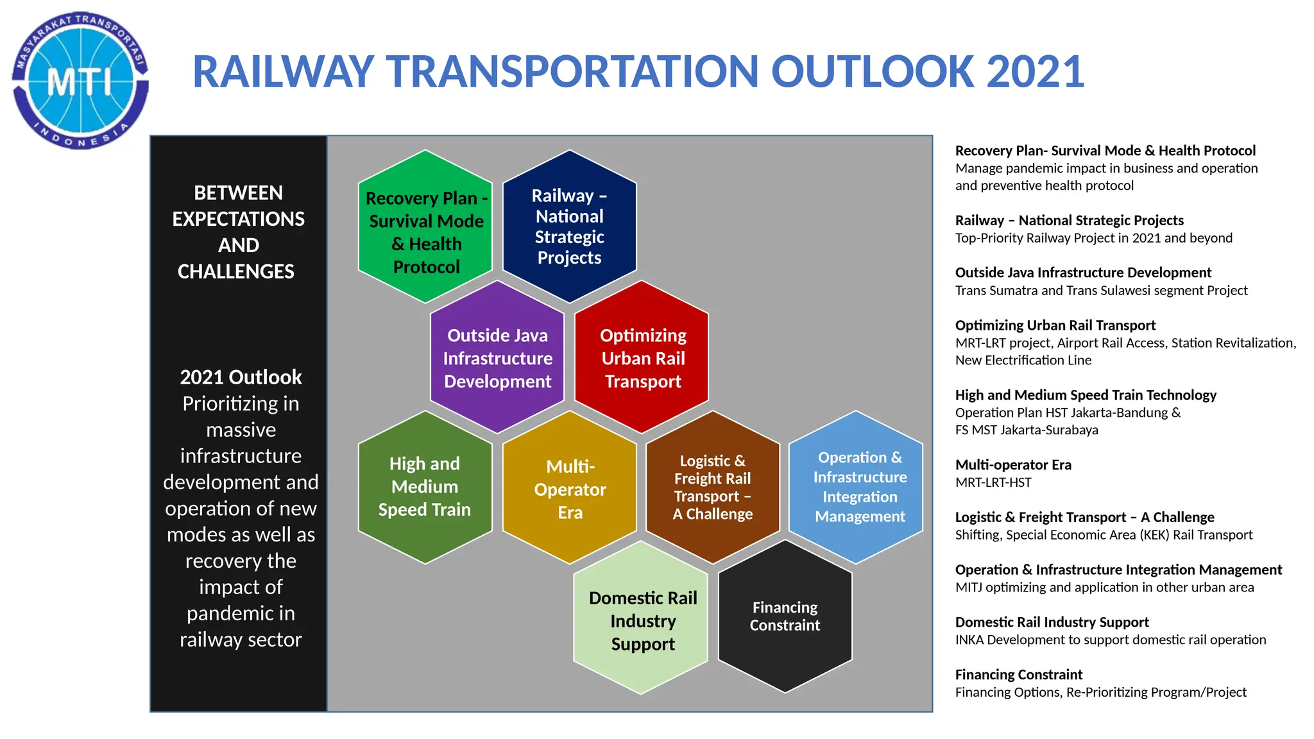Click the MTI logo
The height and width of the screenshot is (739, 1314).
(80, 81)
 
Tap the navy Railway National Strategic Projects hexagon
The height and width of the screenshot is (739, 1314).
(569, 226)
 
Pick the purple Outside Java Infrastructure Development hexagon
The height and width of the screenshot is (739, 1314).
(497, 357)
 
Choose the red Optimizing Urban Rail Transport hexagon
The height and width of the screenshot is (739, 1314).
(642, 357)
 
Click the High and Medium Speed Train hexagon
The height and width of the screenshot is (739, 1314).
(425, 487)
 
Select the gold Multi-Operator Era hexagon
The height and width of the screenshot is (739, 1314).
(570, 489)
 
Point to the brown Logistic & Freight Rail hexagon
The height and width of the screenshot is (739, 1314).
(712, 488)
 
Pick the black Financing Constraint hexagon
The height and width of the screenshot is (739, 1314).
(785, 616)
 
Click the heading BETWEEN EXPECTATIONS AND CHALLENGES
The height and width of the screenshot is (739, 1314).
(238, 232)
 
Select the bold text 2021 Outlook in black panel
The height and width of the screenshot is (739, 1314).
(241, 377)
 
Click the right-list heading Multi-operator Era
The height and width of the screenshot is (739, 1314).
(1013, 464)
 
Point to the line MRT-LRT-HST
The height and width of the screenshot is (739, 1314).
(993, 482)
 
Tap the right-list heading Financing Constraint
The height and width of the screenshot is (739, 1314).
(1018, 674)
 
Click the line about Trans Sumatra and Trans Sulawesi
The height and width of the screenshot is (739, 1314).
(1101, 291)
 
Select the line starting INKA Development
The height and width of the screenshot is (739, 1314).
(1110, 640)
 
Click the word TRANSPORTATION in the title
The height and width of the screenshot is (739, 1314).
(572, 72)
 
